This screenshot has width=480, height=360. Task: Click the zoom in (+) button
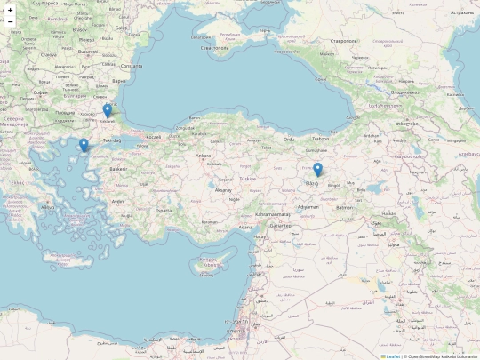pos(11,10)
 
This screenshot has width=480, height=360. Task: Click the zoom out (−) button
pos(11,23)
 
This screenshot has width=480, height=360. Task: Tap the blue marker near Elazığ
pos(317,170)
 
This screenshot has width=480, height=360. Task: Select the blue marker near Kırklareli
pos(108,111)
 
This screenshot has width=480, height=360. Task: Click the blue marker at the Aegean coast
pos(84,145)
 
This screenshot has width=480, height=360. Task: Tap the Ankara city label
pos(204,156)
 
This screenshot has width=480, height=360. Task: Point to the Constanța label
pos(131,65)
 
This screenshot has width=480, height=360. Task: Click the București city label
pos(87,51)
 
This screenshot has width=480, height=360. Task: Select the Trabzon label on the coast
pos(321,139)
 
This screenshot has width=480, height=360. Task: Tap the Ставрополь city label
pos(343,41)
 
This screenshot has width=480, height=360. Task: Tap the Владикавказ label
pos(410,92)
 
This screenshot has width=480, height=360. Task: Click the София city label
pos(40,92)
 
